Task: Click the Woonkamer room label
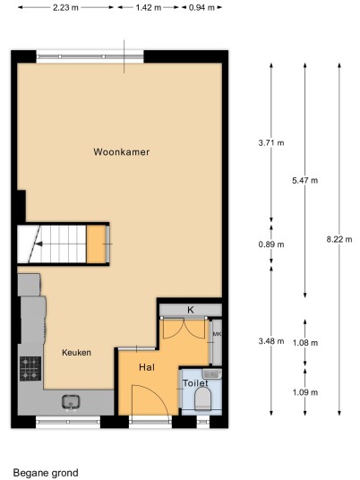click(x=122, y=152)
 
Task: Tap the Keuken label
click(x=76, y=352)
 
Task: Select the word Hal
click(x=147, y=367)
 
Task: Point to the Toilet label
click(x=195, y=383)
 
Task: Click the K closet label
click(x=191, y=310)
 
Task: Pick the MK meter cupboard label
click(x=217, y=334)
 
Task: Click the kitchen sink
click(x=71, y=402)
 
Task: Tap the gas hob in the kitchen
click(x=30, y=369)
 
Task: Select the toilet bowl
click(x=203, y=399)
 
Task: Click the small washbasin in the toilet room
click(x=212, y=373)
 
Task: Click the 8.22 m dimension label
click(x=339, y=239)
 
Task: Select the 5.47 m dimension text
click(x=304, y=180)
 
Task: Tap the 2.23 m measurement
click(x=65, y=7)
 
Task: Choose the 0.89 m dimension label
click(x=271, y=244)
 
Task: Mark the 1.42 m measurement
click(x=149, y=7)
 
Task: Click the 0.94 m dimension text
click(x=201, y=7)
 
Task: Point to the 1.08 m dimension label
click(x=305, y=343)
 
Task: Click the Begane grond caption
click(x=46, y=473)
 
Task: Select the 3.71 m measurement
click(x=271, y=142)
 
